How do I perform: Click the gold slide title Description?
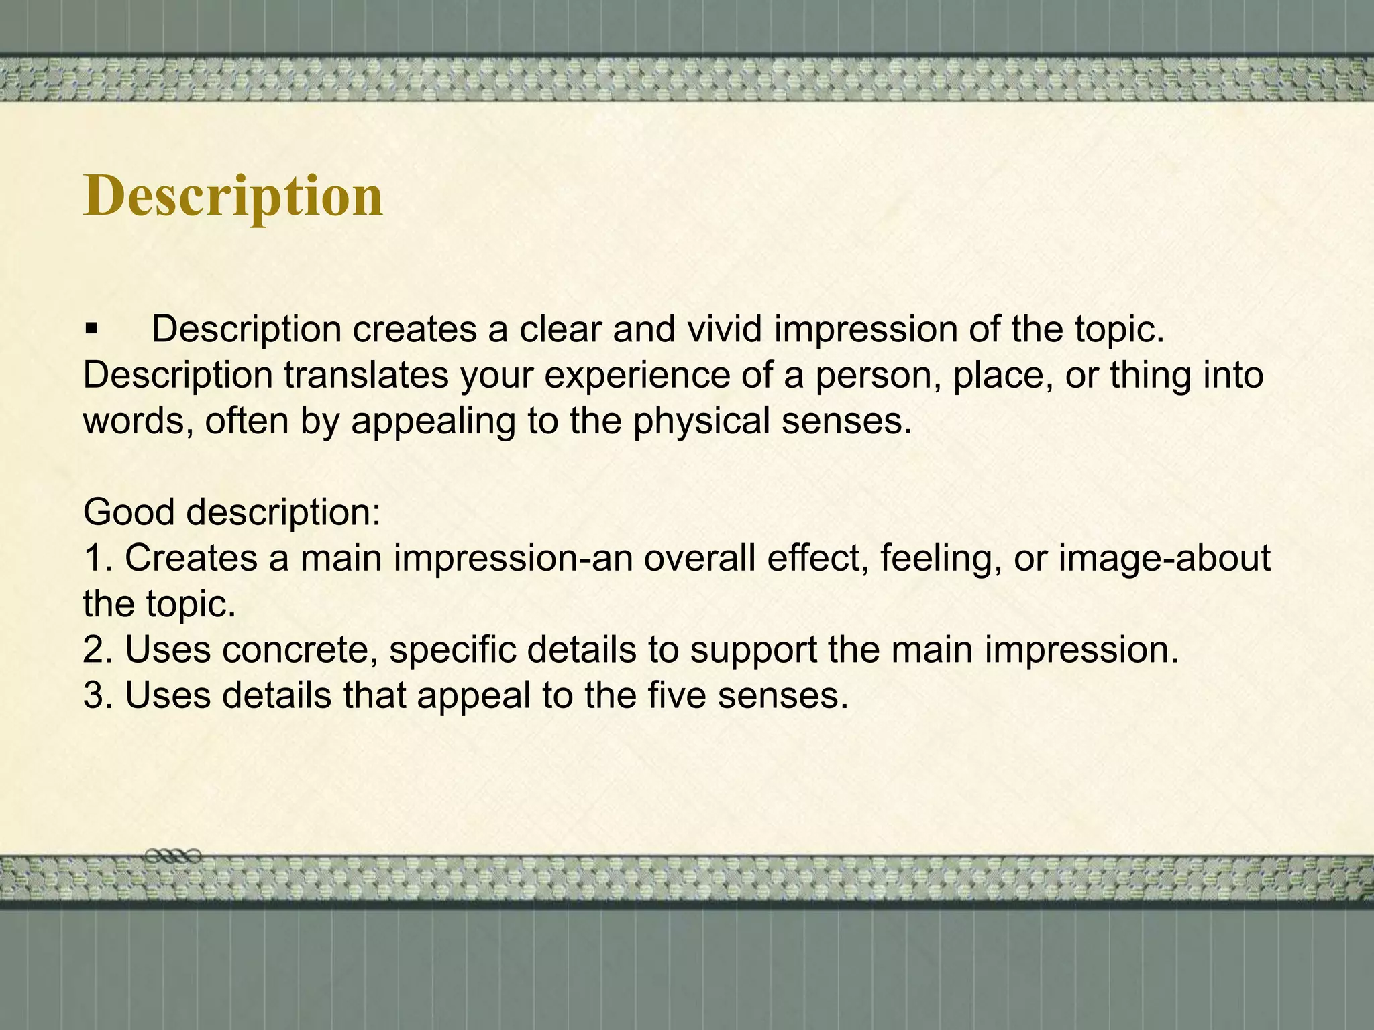233,196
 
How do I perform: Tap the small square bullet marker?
91,330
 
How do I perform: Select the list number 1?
95,558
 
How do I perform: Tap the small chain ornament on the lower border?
173,856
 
